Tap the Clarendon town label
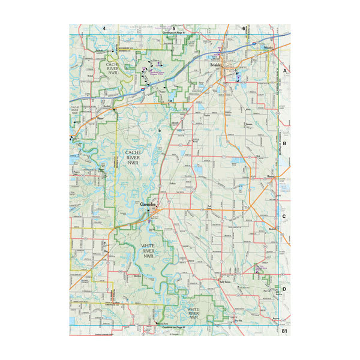click(148, 205)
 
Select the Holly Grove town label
click(226, 280)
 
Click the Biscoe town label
click(101, 120)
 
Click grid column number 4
click(104, 28)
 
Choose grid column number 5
click(174, 28)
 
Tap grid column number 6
click(244, 28)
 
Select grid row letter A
click(285, 70)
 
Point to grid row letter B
click(285, 144)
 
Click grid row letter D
click(285, 290)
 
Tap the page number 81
click(284, 331)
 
